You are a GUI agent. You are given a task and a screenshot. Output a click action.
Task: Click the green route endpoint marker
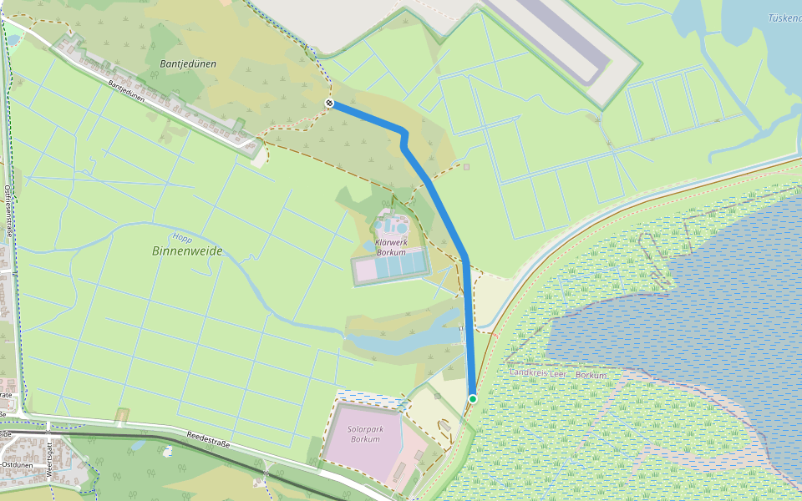[473, 399]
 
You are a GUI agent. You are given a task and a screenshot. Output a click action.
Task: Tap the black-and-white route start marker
[330, 104]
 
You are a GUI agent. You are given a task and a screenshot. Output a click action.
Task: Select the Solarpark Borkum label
[365, 434]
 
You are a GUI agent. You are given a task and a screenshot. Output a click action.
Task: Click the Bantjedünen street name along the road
[127, 92]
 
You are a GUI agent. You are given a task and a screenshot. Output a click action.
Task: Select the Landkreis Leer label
[537, 374]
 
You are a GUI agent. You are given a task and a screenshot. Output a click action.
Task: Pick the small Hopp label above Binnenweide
[182, 237]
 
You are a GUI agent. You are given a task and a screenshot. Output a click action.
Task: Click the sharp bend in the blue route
[404, 134]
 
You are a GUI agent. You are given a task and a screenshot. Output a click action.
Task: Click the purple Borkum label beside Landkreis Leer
[591, 375]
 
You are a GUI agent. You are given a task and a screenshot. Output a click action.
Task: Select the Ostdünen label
[17, 463]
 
